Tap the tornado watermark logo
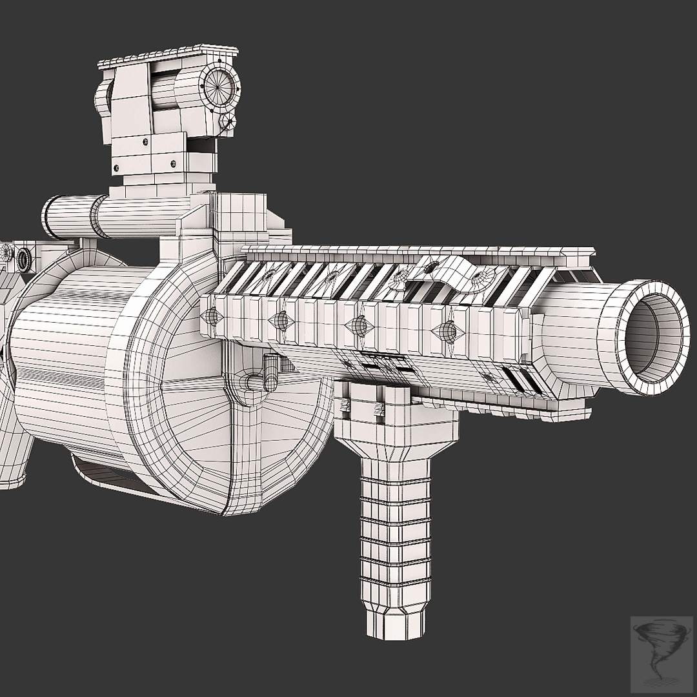coord(661,648)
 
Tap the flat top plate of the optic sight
coord(168,57)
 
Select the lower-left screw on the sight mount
coord(117,168)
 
